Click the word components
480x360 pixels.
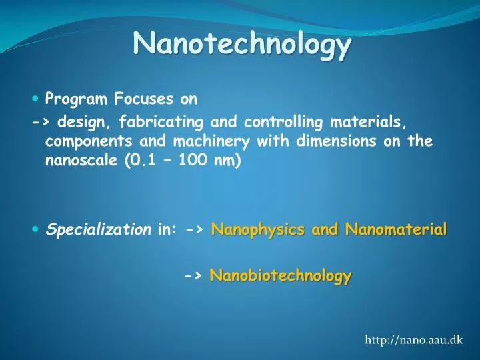pyautogui.click(x=83, y=141)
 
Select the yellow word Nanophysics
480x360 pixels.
pyautogui.click(x=251, y=230)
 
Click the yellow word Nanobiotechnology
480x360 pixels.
pyautogui.click(x=280, y=275)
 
